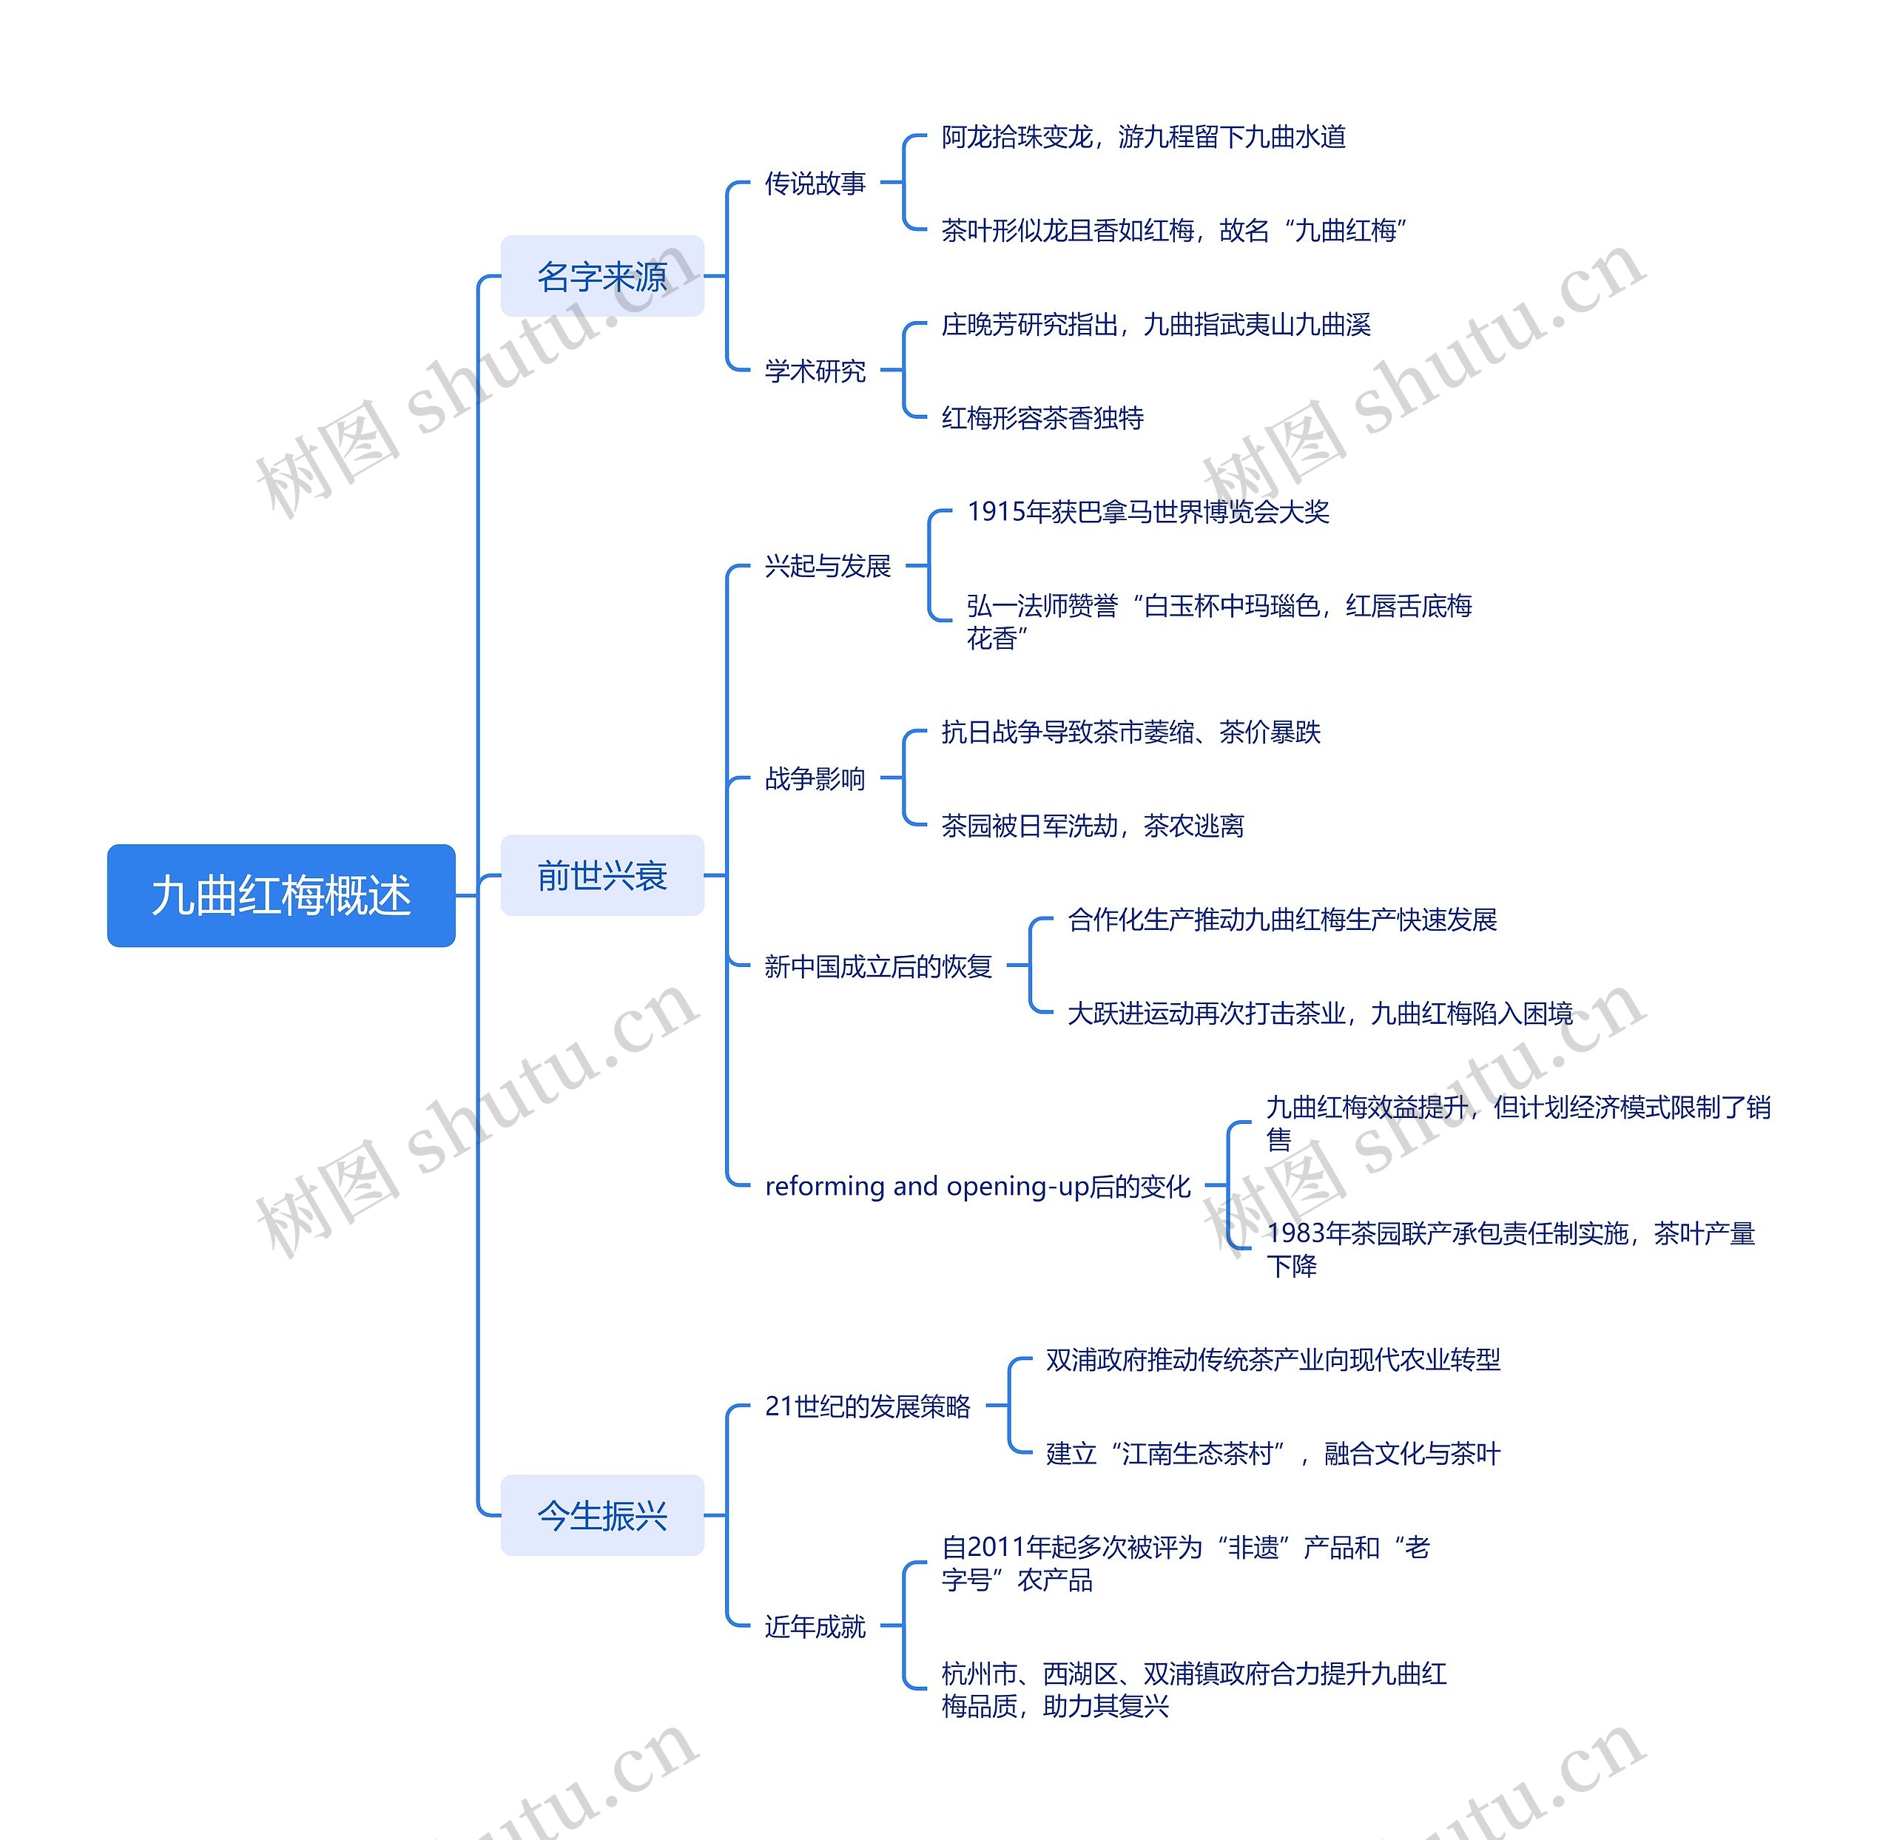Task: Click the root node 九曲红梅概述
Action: (x=280, y=895)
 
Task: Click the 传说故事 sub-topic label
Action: (x=815, y=183)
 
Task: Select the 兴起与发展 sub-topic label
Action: (x=827, y=565)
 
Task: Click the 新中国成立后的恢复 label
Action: (x=877, y=966)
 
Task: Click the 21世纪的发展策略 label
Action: (x=867, y=1406)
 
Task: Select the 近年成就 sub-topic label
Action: (x=815, y=1626)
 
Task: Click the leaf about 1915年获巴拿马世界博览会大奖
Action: (x=1148, y=511)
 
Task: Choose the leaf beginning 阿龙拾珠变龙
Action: (x=1143, y=136)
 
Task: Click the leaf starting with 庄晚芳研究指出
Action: (x=1156, y=324)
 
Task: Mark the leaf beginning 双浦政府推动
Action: (x=1273, y=1360)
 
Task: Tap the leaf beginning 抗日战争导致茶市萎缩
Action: (x=1130, y=732)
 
